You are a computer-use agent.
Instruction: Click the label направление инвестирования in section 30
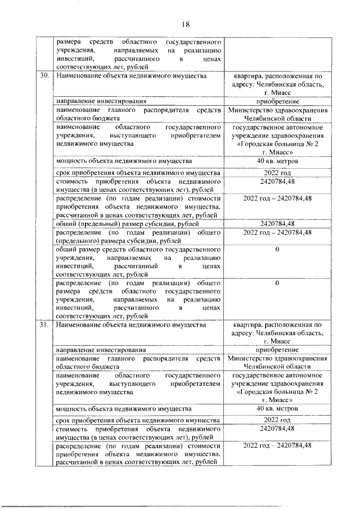click(101, 101)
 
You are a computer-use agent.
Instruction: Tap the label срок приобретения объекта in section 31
click(137, 420)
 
